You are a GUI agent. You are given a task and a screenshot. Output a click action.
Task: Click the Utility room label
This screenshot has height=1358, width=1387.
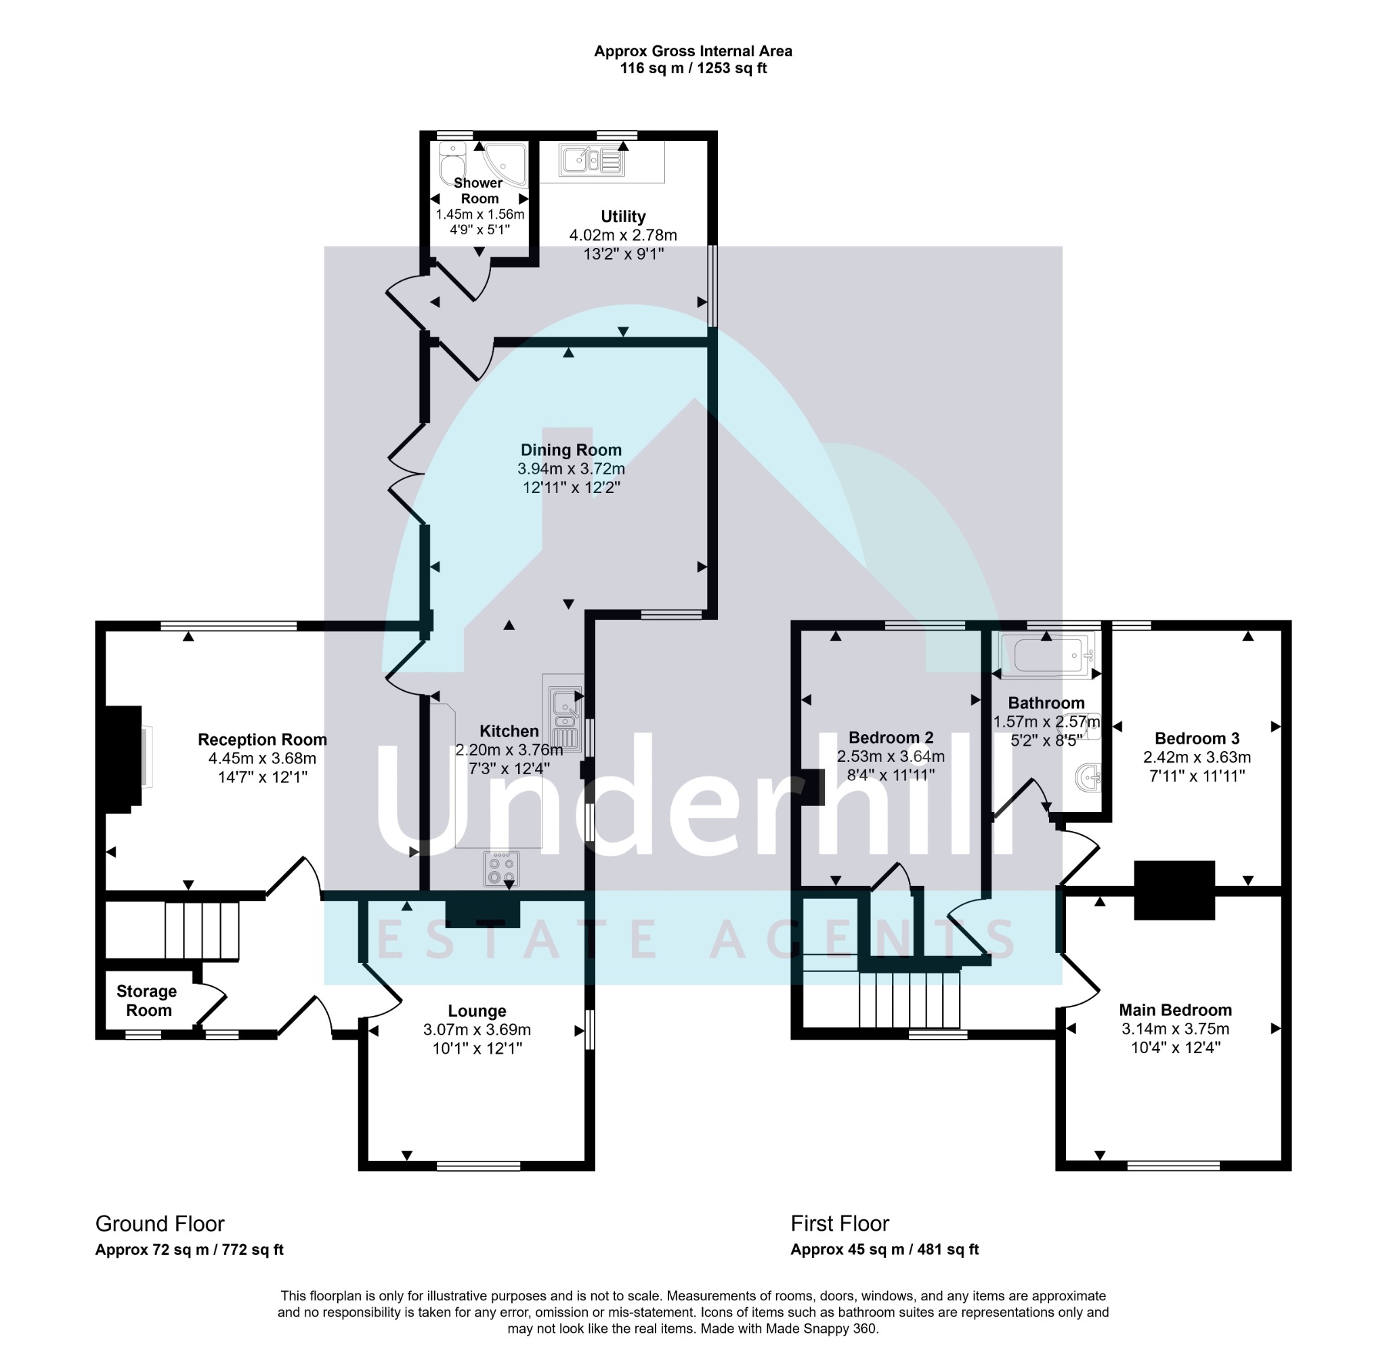pos(622,216)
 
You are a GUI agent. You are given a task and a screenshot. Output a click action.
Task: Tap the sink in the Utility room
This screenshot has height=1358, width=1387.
pos(592,161)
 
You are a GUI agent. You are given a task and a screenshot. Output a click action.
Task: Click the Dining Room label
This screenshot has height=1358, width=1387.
pos(570,450)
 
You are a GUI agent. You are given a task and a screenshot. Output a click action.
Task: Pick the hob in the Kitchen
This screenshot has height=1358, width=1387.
pos(500,869)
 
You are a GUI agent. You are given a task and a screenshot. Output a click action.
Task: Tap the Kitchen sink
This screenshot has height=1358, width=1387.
pos(564,713)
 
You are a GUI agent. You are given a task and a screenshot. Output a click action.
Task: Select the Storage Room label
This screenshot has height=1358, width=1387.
pos(147,1000)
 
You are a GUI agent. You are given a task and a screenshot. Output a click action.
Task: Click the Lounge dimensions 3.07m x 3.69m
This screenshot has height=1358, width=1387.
pos(476,1030)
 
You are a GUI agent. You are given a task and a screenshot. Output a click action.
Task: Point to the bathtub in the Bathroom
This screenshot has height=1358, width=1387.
pos(1047,655)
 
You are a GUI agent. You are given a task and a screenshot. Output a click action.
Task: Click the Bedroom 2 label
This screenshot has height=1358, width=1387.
pos(890,738)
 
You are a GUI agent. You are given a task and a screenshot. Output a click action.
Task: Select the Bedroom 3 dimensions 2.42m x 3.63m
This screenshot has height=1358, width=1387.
pos(1197,757)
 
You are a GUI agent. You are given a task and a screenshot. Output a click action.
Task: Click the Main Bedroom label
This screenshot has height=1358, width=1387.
pos(1174,1010)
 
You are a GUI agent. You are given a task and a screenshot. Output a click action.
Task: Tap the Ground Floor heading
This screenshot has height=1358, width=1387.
pos(160,1224)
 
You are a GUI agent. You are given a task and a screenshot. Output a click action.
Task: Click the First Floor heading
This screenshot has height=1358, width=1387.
pos(839,1224)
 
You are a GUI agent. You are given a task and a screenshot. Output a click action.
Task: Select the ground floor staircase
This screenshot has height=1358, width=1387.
pos(202,930)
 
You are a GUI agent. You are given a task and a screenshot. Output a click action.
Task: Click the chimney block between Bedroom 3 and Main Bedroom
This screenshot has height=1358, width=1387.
pos(1174,889)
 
